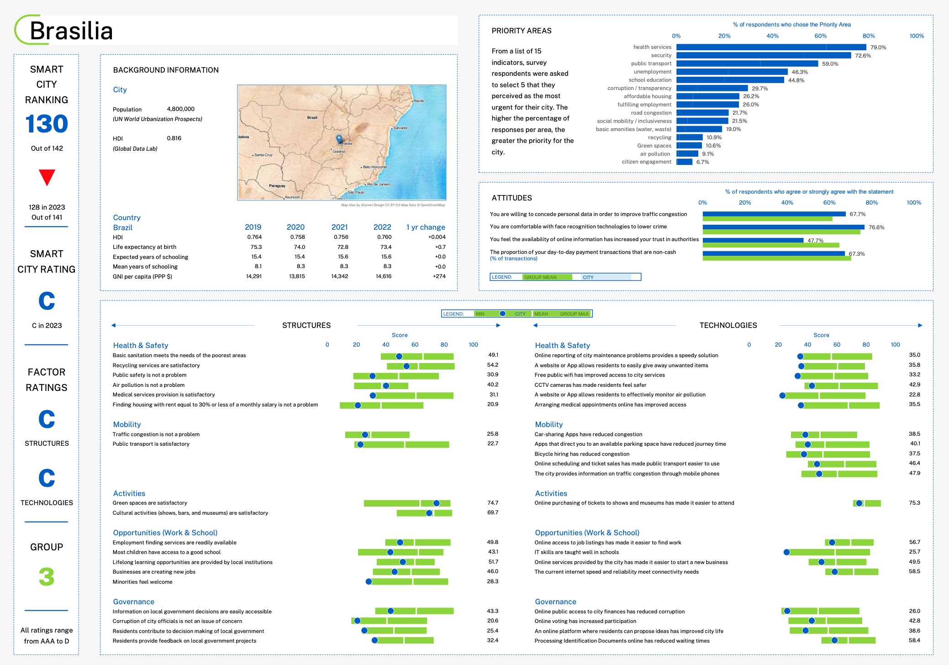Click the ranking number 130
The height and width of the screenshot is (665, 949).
(x=47, y=124)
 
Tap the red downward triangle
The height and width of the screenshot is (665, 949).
(x=47, y=177)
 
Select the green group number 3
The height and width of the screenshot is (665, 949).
(x=47, y=576)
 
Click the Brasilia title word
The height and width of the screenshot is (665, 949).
(x=71, y=31)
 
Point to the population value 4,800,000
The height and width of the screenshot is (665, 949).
(x=180, y=109)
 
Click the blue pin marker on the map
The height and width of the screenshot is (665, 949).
(x=339, y=138)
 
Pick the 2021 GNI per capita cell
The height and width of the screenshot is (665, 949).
(x=339, y=276)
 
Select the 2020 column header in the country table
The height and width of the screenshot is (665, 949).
(x=295, y=227)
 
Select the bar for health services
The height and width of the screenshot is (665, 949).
(x=771, y=47)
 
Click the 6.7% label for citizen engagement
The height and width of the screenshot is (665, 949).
(x=702, y=162)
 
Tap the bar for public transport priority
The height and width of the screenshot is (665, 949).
(x=747, y=63)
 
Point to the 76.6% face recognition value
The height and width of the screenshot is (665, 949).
(x=876, y=227)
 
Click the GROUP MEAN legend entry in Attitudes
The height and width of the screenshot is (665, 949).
(x=541, y=277)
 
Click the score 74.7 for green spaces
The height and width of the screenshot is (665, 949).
(x=492, y=503)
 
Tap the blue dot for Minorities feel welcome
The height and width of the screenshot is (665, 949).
(x=369, y=582)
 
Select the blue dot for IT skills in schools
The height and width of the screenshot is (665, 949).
(x=786, y=552)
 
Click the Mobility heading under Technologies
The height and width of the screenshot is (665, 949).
(x=548, y=424)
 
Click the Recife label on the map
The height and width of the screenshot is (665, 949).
(x=418, y=101)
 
